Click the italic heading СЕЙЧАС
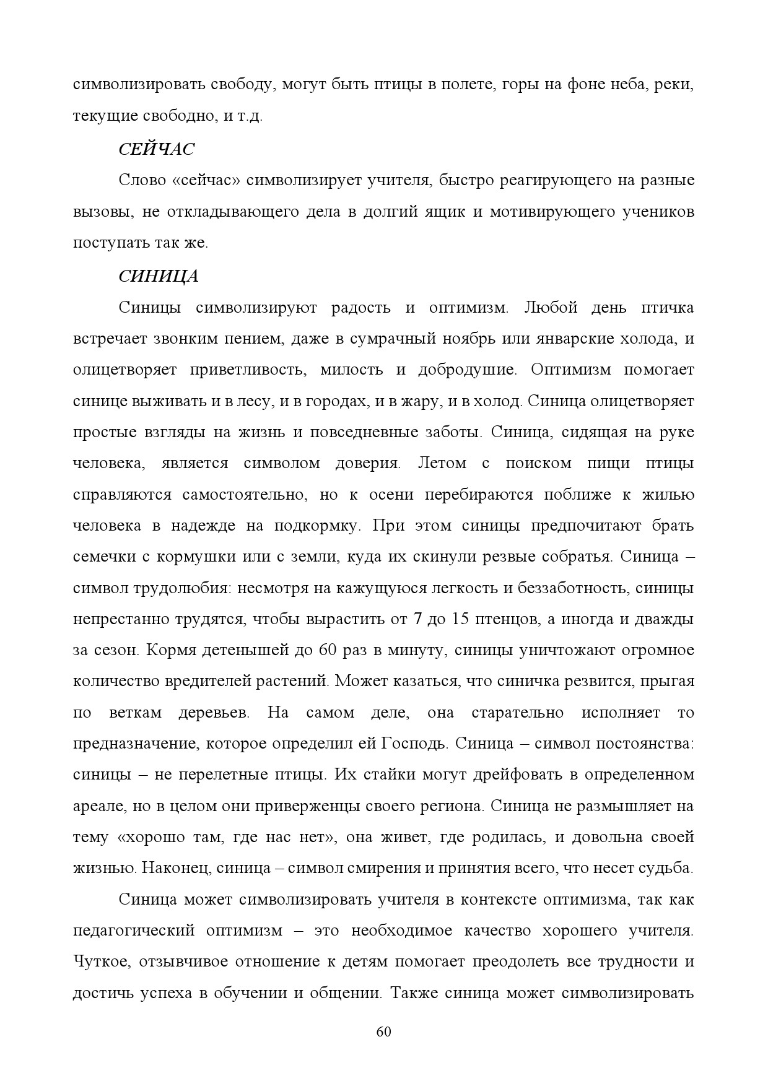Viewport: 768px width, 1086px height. pyautogui.click(x=156, y=149)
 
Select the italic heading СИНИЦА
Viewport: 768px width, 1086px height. pyautogui.click(x=159, y=276)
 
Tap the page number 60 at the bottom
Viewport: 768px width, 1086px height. pyautogui.click(x=383, y=1032)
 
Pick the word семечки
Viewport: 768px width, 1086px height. pyautogui.click(x=101, y=557)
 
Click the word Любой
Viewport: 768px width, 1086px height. pyautogui.click(x=551, y=308)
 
